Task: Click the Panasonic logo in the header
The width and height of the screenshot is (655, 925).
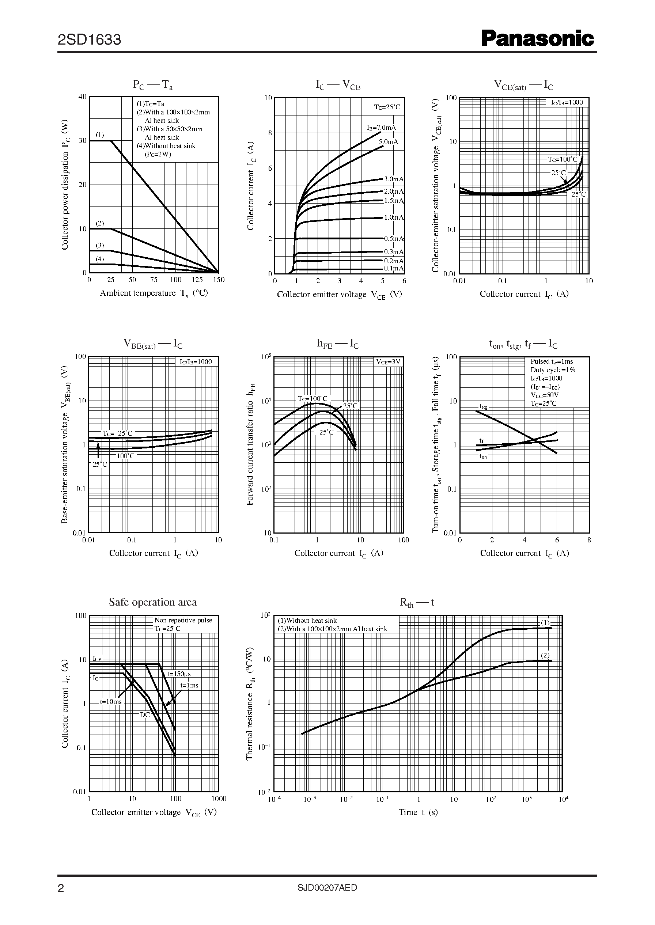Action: (538, 39)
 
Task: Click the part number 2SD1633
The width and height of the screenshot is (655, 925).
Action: (89, 40)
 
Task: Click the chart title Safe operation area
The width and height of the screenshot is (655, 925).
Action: (153, 602)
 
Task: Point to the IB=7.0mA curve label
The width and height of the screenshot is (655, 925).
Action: (381, 128)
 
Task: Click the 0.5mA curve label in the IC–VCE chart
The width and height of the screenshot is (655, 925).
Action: (393, 239)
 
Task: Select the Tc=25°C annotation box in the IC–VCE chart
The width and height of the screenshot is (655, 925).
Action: (387, 107)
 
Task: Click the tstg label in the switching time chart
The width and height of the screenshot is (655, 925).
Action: (483, 407)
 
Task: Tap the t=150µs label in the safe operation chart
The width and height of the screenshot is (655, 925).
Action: (179, 674)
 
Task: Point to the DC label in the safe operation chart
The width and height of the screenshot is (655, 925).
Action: (145, 715)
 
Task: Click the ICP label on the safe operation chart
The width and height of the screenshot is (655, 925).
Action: (97, 659)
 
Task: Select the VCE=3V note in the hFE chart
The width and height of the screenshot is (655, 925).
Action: (388, 362)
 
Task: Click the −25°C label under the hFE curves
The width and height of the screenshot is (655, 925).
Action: (325, 432)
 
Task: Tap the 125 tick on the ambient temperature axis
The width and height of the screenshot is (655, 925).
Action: (197, 280)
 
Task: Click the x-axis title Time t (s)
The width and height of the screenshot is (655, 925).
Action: (418, 812)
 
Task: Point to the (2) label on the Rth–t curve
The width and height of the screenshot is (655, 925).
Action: (545, 655)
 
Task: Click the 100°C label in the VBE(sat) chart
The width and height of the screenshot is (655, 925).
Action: (125, 456)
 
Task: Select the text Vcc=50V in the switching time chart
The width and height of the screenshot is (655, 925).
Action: (545, 395)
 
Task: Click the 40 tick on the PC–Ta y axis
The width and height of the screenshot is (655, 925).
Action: (83, 97)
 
